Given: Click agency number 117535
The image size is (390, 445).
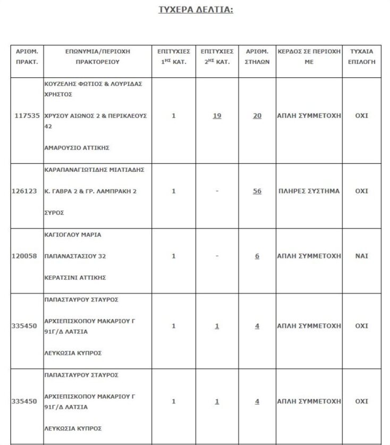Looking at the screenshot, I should (x=26, y=115).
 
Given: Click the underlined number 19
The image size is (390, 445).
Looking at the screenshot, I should (x=217, y=115).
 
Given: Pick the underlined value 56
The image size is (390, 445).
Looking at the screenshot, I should (x=257, y=191).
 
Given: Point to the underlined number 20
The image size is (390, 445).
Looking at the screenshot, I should (x=257, y=115).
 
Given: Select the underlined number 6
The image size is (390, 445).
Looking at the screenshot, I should (x=257, y=256).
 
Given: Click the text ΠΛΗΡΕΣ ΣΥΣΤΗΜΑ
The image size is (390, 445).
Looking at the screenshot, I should (x=309, y=191).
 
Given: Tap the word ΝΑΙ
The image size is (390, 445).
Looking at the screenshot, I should (x=361, y=256).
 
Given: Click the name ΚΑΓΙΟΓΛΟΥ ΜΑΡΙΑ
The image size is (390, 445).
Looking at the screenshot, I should (x=72, y=234).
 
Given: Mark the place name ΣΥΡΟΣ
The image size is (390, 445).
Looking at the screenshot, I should (x=54, y=212).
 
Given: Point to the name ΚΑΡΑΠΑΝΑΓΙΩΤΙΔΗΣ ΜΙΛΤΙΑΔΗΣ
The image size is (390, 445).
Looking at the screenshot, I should (x=92, y=169).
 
